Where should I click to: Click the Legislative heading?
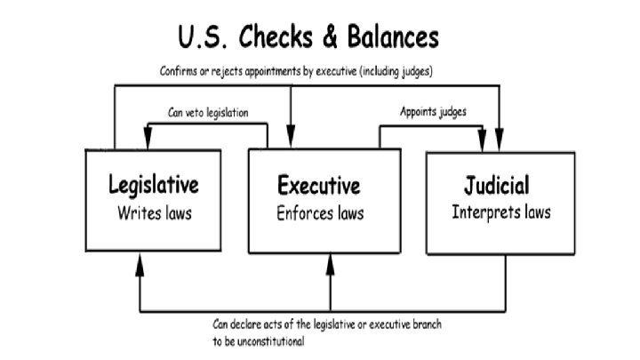point(153,186)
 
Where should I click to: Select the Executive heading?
point(319,186)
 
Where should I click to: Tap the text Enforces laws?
point(320,213)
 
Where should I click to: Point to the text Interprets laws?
point(500,212)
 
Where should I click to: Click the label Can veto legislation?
point(208,113)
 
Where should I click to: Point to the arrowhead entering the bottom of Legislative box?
point(140,260)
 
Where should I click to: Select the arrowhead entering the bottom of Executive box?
point(330,260)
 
